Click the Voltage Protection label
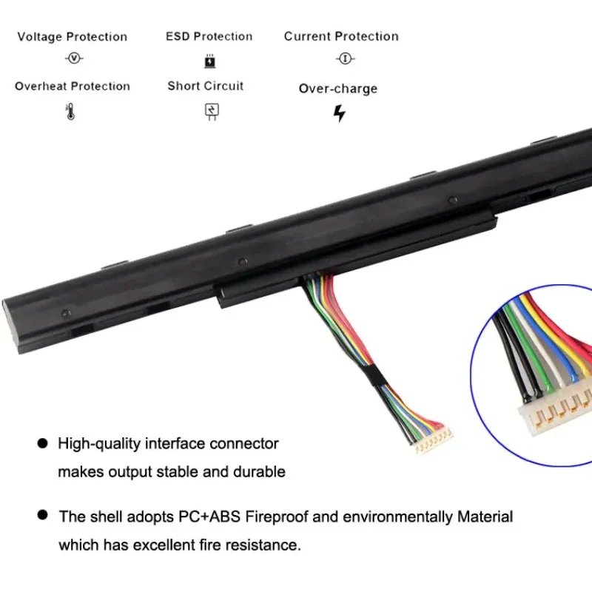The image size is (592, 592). pos(72,37)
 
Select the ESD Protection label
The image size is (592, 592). pos(209,36)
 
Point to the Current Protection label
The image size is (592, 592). pos(341,36)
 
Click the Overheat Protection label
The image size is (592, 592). pos(72,86)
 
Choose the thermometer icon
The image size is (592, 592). pos(71,112)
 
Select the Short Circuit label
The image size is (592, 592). pos(205,86)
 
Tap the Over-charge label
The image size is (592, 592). pos(337,89)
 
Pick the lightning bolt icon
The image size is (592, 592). pos(339,113)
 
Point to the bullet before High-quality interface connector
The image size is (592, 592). pos(42,444)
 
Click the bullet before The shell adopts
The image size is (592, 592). pos(42,514)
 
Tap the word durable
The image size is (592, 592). pos(260,471)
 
